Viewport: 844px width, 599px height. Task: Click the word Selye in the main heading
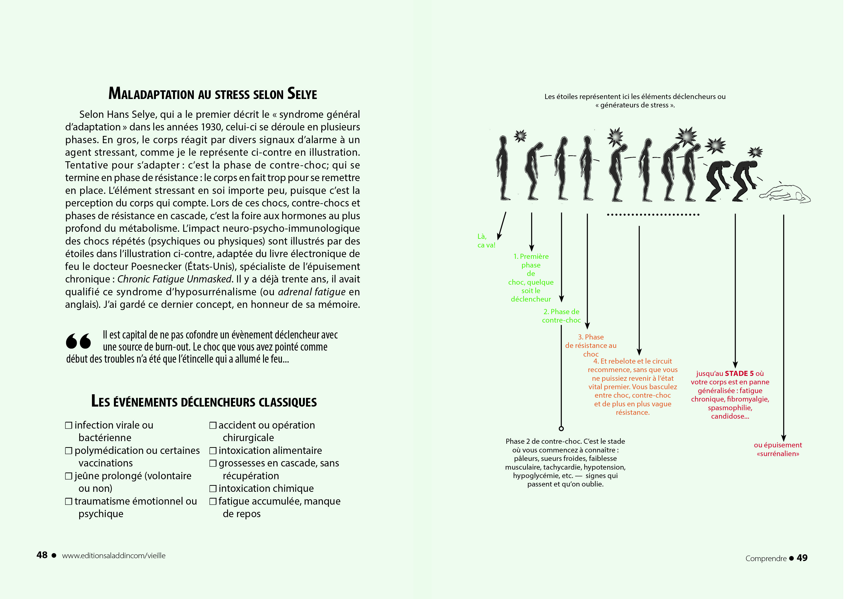click(x=302, y=94)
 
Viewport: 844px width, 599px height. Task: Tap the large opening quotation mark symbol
click(x=78, y=341)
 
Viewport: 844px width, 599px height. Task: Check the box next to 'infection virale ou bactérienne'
click(x=69, y=425)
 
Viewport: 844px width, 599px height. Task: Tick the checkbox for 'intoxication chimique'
click(x=213, y=489)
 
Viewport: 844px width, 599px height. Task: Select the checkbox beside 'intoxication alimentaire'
click(x=213, y=451)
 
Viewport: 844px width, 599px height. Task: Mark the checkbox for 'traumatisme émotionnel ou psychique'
click(x=69, y=501)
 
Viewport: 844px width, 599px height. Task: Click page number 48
click(x=42, y=555)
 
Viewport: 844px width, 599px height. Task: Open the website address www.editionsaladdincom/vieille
click(x=114, y=556)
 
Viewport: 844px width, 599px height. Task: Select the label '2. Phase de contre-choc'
click(x=561, y=316)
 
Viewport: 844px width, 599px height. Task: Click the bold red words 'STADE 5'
click(x=739, y=373)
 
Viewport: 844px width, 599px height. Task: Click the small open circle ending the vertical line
click(x=561, y=429)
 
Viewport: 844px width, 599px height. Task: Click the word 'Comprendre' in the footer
click(x=766, y=558)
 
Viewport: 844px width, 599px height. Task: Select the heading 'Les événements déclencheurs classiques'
click(x=204, y=402)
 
